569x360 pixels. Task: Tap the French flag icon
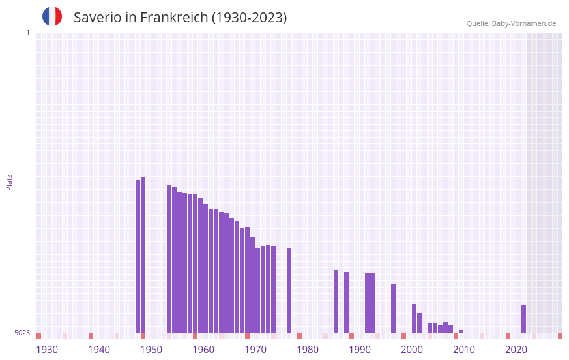pyautogui.click(x=52, y=16)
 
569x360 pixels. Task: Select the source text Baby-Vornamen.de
pyautogui.click(x=523, y=23)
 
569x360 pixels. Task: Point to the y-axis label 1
pyautogui.click(x=27, y=33)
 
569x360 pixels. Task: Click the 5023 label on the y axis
pyautogui.click(x=22, y=333)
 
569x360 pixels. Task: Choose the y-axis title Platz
pyautogui.click(x=9, y=182)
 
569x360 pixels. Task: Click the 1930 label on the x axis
pyautogui.click(x=47, y=350)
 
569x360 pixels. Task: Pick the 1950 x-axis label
pyautogui.click(x=151, y=350)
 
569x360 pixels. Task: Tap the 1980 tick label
pyautogui.click(x=308, y=350)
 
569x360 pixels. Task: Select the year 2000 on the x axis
pyautogui.click(x=412, y=350)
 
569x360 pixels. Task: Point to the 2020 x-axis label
pyautogui.click(x=516, y=350)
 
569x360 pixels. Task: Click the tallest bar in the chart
pyautogui.click(x=143, y=254)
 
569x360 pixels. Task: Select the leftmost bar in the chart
pyautogui.click(x=138, y=256)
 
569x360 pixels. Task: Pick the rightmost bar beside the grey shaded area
pyautogui.click(x=523, y=318)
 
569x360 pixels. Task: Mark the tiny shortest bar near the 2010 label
pyautogui.click(x=461, y=331)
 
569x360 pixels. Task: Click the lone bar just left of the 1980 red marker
pyautogui.click(x=289, y=290)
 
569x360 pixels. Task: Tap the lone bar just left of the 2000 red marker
pyautogui.click(x=393, y=308)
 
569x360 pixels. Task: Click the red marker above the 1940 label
pyautogui.click(x=91, y=336)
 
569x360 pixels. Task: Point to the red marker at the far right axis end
pyautogui.click(x=560, y=336)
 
